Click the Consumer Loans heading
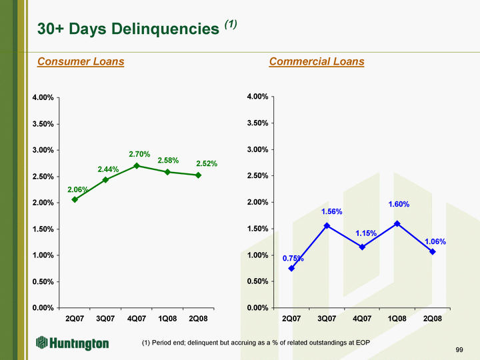[x=81, y=62]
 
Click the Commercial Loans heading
[x=317, y=62]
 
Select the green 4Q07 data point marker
[x=137, y=165]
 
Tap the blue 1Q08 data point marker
[x=397, y=223]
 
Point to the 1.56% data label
[x=332, y=212]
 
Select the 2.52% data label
[x=207, y=163]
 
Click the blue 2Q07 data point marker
[x=291, y=268]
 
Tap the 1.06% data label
[x=435, y=241]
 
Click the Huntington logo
[x=72, y=343]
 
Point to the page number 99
[x=459, y=350]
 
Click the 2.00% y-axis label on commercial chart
[x=257, y=202]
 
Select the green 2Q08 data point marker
[x=199, y=175]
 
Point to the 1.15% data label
[x=366, y=233]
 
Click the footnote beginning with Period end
[x=255, y=343]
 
